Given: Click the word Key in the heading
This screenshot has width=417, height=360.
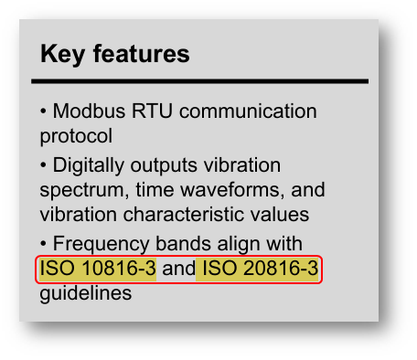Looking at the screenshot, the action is click(62, 54).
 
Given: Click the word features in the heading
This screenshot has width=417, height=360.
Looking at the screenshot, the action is click(142, 54).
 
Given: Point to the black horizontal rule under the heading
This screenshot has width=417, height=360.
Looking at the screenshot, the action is click(199, 81).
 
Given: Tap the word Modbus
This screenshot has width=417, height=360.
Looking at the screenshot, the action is click(89, 111).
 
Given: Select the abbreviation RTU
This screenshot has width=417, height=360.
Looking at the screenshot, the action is click(152, 111).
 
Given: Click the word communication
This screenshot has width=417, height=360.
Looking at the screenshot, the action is click(248, 111).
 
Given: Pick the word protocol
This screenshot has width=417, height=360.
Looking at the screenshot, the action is click(76, 136).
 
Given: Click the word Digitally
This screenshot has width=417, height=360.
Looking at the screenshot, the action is click(89, 166).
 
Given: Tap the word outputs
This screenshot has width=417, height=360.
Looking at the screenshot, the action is click(164, 166).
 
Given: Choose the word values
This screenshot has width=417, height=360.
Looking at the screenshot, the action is click(280, 214).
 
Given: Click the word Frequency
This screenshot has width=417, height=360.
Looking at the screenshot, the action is click(102, 244).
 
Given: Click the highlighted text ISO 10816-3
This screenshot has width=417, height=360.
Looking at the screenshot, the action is click(98, 269).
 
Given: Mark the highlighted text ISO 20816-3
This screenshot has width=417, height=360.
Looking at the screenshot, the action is click(260, 269).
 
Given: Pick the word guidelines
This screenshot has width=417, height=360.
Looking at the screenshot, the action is click(86, 293).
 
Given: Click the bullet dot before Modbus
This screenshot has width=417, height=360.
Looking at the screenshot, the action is click(43, 111).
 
